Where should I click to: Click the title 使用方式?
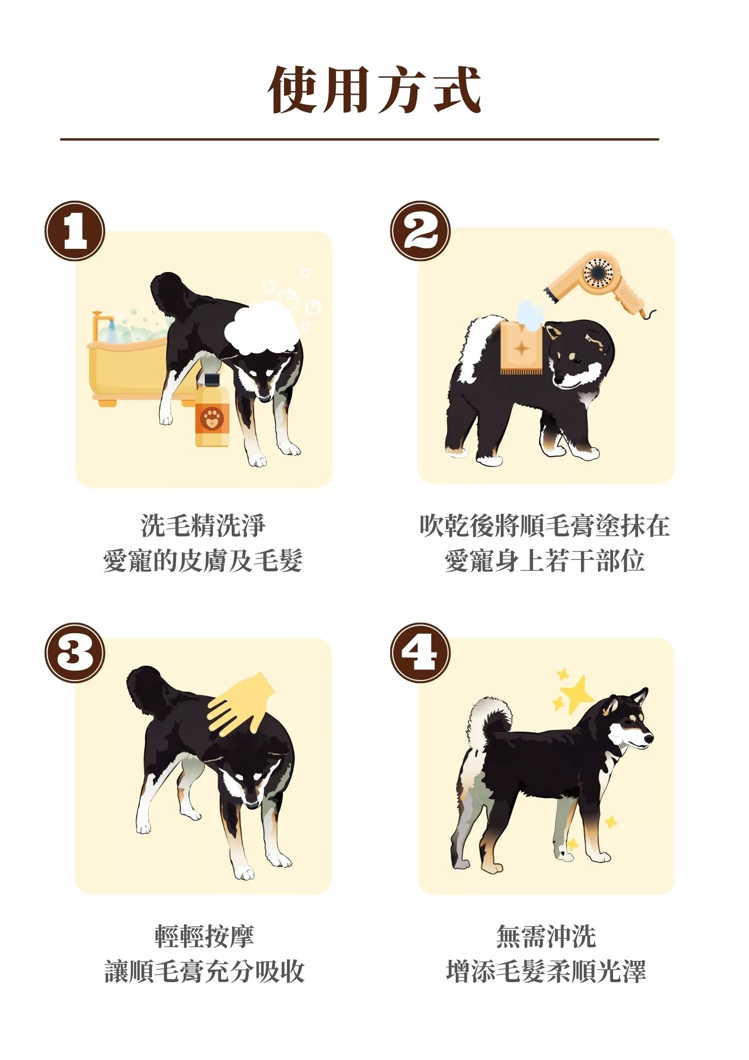point(374,90)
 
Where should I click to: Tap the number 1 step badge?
point(75,231)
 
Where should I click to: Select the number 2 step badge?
point(420,231)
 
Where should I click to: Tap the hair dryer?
point(602,284)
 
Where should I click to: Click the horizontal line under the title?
point(360,139)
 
